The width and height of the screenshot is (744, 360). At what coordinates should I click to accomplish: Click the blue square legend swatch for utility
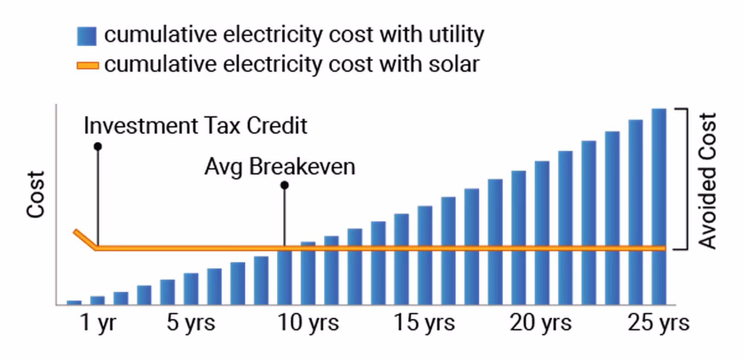click(87, 36)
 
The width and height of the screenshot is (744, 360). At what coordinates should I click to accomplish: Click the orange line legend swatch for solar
click(87, 66)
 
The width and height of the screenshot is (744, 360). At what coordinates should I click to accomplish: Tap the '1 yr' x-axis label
click(98, 323)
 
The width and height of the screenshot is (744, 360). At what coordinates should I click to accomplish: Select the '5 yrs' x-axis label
click(191, 323)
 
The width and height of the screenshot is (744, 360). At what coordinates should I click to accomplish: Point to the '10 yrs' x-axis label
click(308, 323)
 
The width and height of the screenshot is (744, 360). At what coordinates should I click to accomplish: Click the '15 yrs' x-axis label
click(424, 323)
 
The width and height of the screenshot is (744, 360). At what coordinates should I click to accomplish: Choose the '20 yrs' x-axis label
click(541, 323)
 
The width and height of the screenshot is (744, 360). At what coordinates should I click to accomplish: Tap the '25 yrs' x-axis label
click(659, 323)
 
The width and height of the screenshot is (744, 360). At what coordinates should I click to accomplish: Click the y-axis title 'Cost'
click(36, 194)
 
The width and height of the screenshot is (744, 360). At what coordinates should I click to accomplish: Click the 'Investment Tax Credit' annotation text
click(195, 126)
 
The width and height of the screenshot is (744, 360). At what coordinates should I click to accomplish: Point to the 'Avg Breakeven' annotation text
click(280, 166)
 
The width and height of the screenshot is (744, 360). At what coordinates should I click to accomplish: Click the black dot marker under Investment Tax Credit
click(97, 146)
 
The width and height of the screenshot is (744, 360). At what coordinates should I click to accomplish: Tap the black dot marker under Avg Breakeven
click(284, 186)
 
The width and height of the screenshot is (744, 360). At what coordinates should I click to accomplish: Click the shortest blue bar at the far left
click(74, 303)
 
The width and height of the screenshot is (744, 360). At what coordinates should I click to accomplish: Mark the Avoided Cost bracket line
click(687, 179)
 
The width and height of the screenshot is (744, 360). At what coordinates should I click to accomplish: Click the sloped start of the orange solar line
click(85, 239)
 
